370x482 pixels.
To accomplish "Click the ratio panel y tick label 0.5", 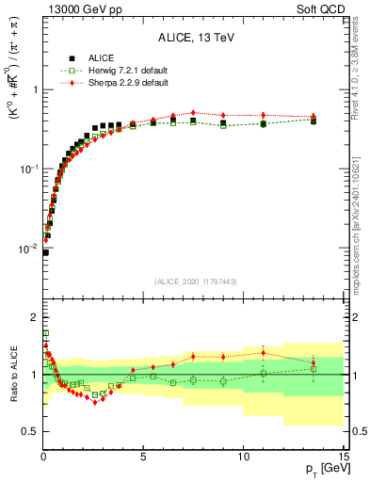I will (x=28, y=431).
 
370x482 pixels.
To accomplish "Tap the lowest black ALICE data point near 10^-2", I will (x=45, y=252).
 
